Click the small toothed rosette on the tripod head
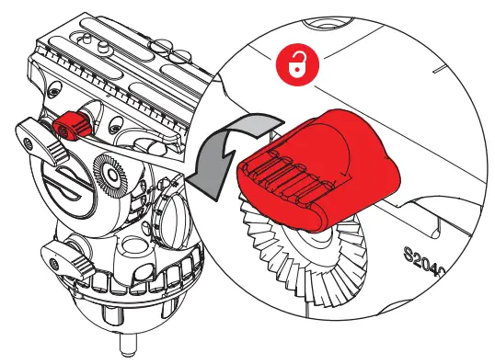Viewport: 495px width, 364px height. [109, 175]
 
